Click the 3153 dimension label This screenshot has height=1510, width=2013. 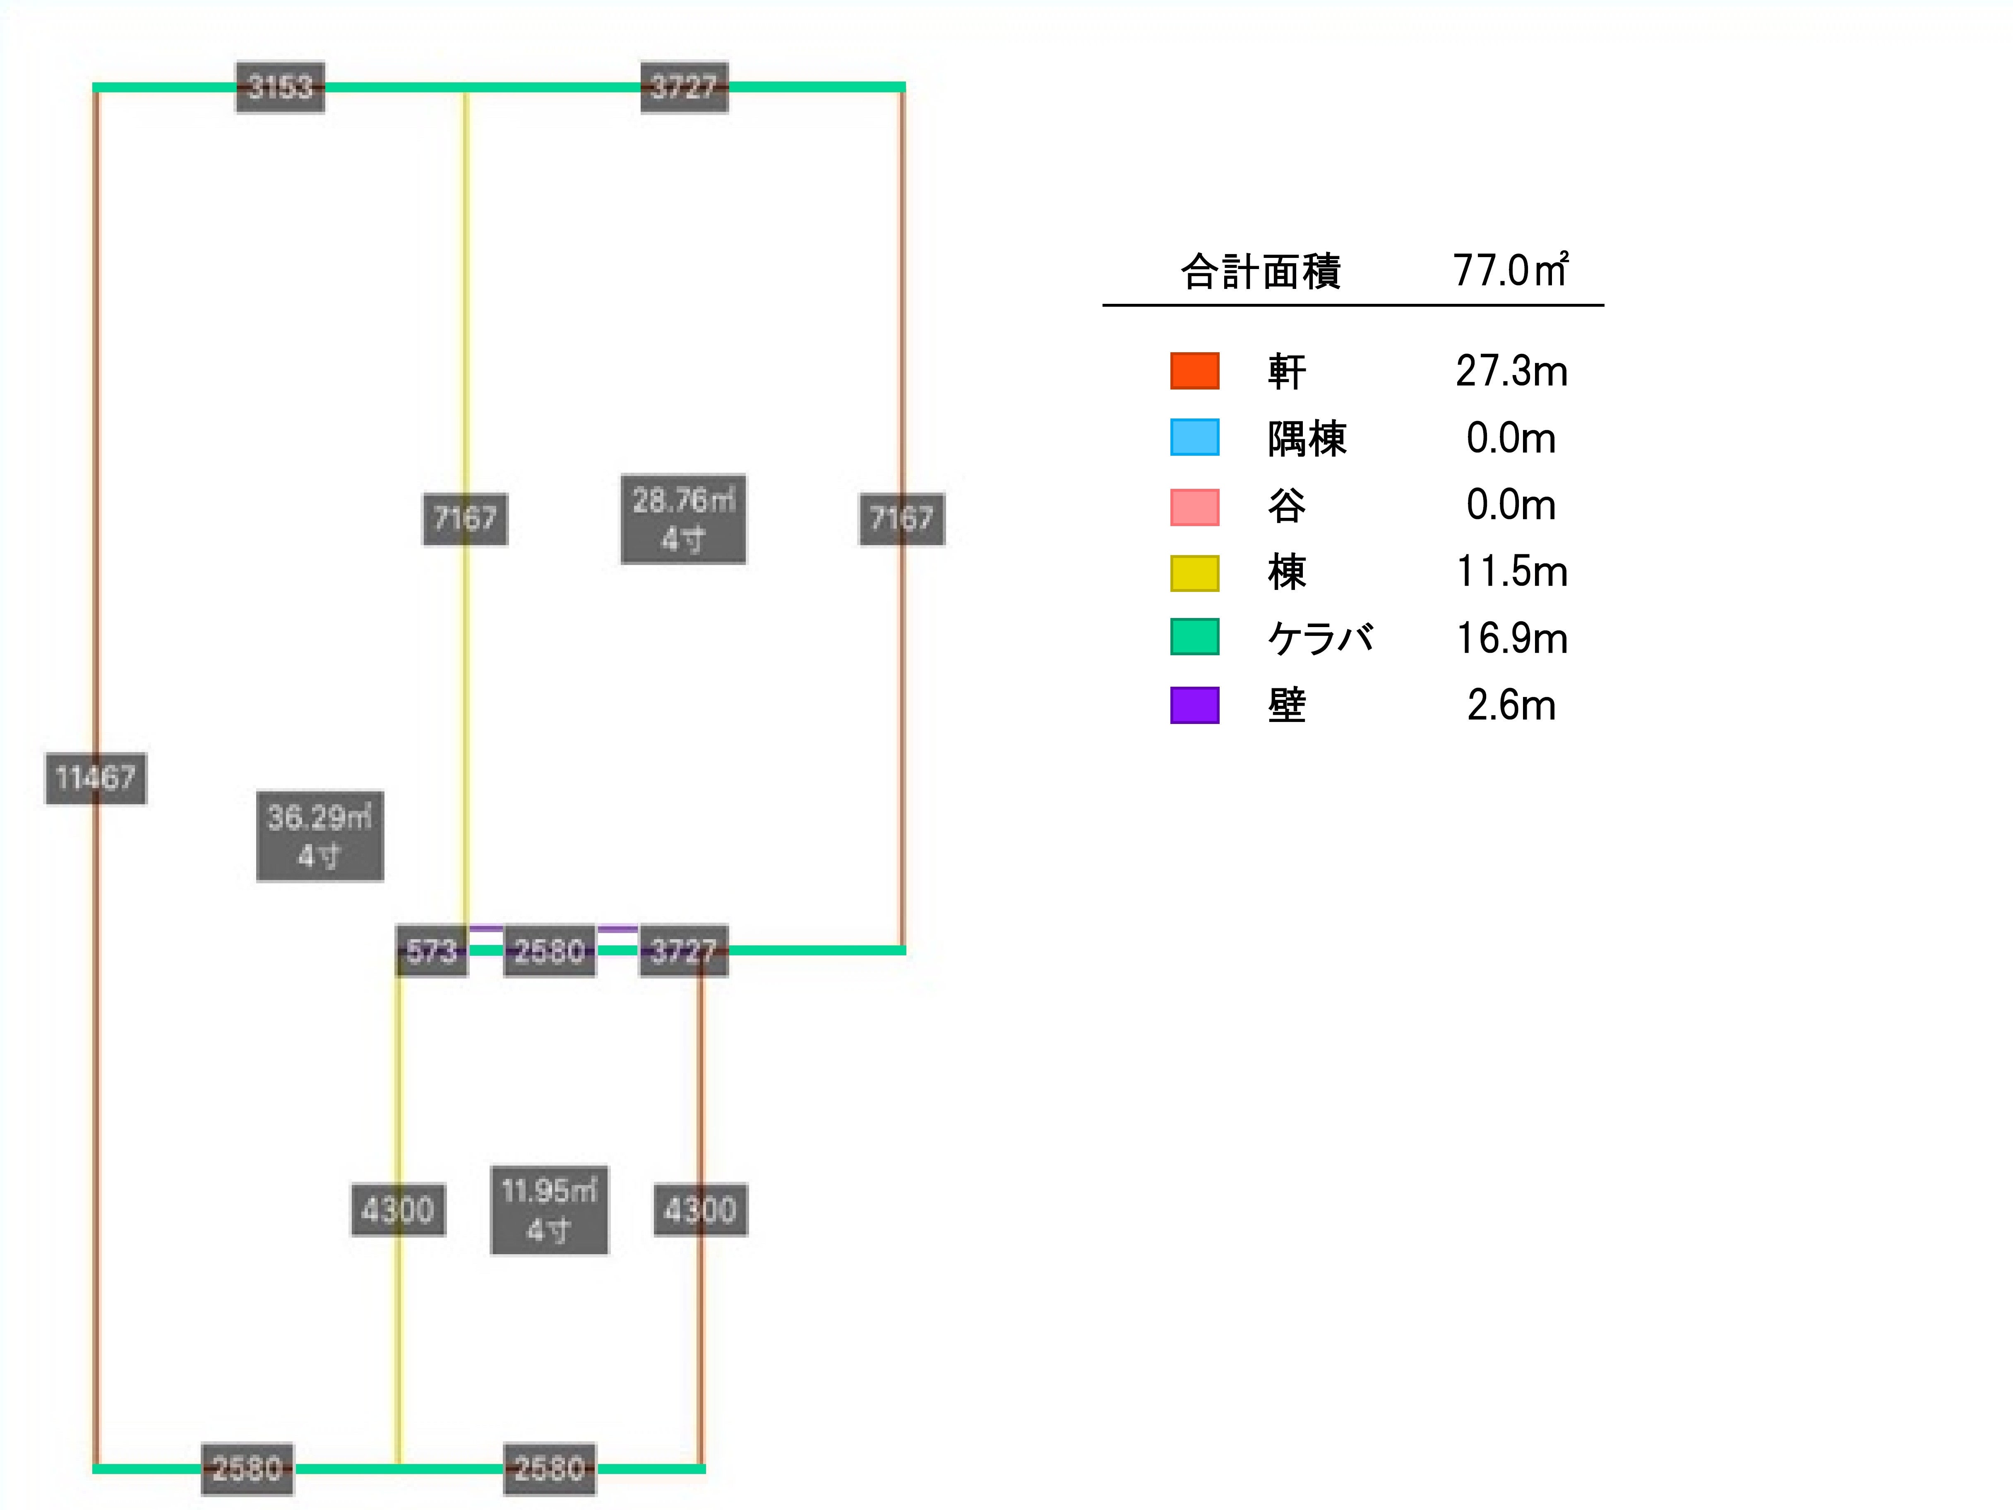click(280, 87)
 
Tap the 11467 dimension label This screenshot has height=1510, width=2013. click(96, 778)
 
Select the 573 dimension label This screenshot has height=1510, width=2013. click(431, 951)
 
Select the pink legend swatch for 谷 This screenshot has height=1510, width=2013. click(1194, 506)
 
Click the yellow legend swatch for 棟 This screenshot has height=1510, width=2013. click(1194, 572)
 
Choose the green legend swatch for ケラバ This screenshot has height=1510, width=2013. click(1194, 637)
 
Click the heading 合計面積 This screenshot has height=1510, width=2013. click(1260, 271)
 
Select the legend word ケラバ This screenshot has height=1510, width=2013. click(1319, 638)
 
